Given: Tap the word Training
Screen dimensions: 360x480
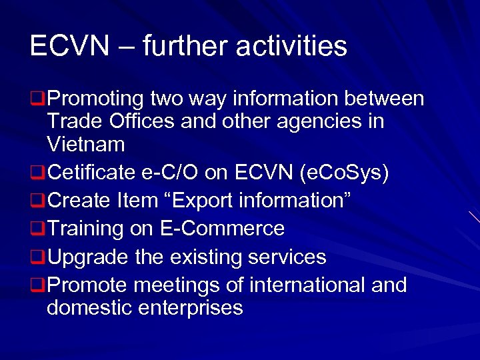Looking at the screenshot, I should pyautogui.click(x=85, y=229).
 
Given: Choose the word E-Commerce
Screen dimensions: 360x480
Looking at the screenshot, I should pyautogui.click(x=223, y=229).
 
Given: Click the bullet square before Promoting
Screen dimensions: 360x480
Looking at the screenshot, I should pyautogui.click(x=37, y=100).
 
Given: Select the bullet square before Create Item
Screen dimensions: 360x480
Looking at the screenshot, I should pyautogui.click(x=37, y=201).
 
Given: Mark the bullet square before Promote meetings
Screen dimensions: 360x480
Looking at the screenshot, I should pyautogui.click(x=37, y=286).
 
